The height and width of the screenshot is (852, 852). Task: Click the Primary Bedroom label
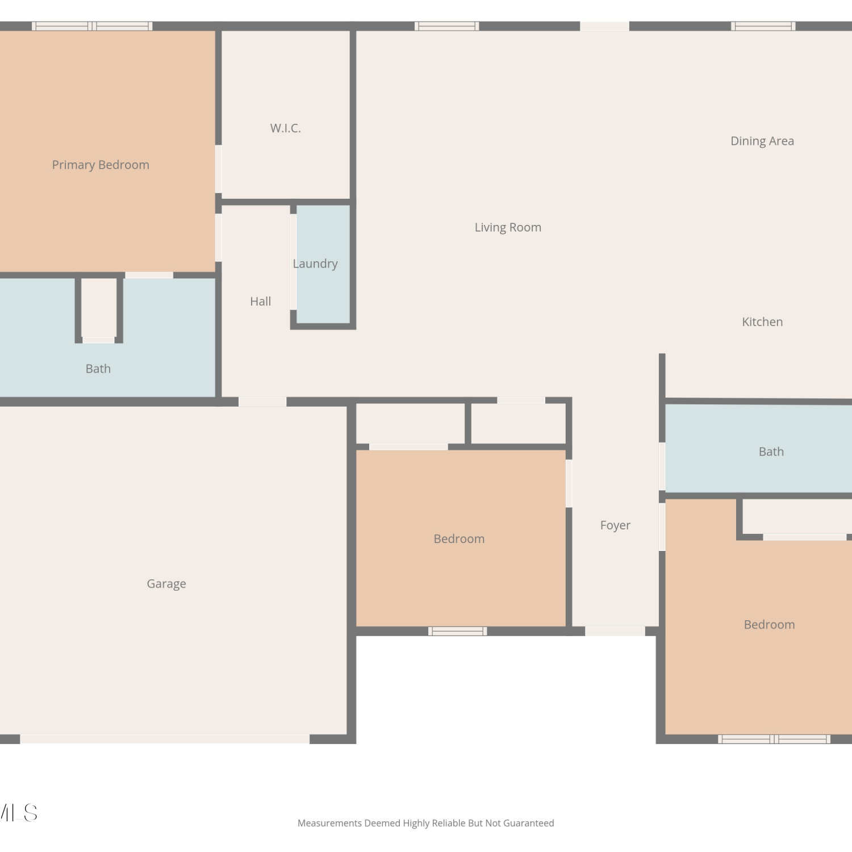pyautogui.click(x=101, y=165)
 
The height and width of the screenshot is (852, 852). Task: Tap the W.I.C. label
pyautogui.click(x=286, y=128)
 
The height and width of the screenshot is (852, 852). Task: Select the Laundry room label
pyautogui.click(x=315, y=264)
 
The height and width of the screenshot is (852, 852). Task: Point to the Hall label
pyautogui.click(x=261, y=302)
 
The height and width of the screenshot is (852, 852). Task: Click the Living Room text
pyautogui.click(x=508, y=228)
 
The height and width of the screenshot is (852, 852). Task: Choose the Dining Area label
pyautogui.click(x=762, y=141)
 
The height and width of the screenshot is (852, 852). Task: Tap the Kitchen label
pyautogui.click(x=762, y=322)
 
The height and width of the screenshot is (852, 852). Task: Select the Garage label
pyautogui.click(x=166, y=584)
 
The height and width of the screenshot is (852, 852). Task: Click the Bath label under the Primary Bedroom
pyautogui.click(x=98, y=369)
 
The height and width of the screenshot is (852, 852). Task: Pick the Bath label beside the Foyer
pyautogui.click(x=771, y=452)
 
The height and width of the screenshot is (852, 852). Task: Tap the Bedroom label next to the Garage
pyautogui.click(x=459, y=539)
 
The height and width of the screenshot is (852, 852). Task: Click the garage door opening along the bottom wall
pyautogui.click(x=165, y=739)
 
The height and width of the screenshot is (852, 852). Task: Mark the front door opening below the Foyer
pyautogui.click(x=615, y=631)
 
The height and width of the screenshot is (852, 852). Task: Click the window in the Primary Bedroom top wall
pyautogui.click(x=92, y=26)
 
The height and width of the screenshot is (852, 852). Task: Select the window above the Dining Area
pyautogui.click(x=763, y=26)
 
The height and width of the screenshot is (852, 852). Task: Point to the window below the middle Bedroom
pyautogui.click(x=458, y=631)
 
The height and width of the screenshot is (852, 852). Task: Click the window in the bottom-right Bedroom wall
pyautogui.click(x=774, y=739)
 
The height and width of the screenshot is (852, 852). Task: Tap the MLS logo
pyautogui.click(x=19, y=813)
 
